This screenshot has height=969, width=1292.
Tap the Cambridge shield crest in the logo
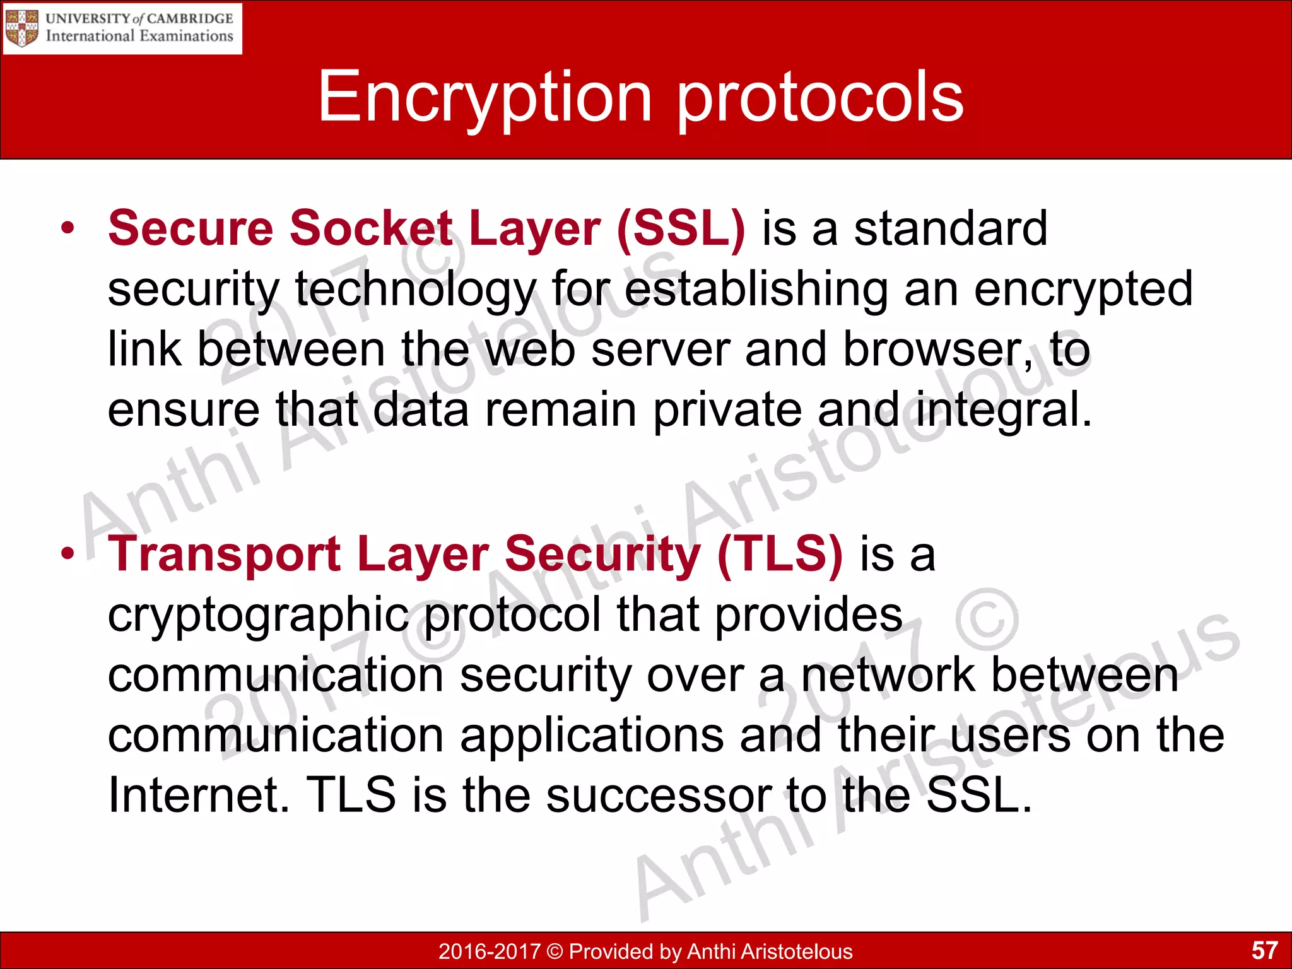tap(21, 28)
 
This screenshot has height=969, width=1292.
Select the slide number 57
tap(1264, 950)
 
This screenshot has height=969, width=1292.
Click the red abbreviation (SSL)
tap(681, 228)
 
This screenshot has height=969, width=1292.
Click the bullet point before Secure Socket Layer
tap(68, 228)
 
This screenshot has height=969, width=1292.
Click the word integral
tap(1003, 410)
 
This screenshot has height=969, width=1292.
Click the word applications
tap(592, 736)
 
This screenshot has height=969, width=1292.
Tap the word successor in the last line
tap(659, 795)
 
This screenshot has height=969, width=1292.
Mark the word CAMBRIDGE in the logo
tap(190, 18)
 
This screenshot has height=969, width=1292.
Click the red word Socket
tap(371, 228)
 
